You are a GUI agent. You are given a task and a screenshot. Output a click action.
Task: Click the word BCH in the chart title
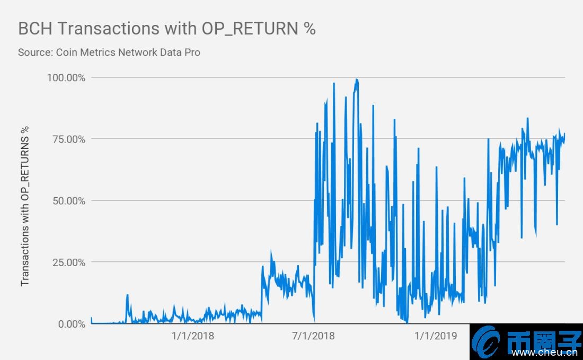[34, 29]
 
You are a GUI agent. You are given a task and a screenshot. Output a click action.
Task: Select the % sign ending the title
[310, 29]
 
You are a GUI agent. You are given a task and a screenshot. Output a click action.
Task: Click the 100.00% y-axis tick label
[66, 77]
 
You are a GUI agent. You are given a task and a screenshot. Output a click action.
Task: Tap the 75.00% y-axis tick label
[68, 139]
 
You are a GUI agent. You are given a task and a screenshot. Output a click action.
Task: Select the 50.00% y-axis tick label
[68, 200]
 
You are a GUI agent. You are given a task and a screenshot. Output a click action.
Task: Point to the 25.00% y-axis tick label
[68, 262]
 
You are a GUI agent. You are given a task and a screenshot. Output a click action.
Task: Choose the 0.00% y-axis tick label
[70, 323]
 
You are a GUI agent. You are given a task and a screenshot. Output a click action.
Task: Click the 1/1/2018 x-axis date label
[192, 336]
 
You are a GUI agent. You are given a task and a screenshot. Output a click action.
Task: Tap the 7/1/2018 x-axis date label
[313, 336]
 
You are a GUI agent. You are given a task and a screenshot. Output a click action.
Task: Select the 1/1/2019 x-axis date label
[435, 336]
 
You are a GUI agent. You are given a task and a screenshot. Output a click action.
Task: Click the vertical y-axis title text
[25, 206]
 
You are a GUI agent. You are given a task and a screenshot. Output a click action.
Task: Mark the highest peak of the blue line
[357, 80]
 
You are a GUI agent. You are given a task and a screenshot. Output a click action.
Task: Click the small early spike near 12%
[127, 295]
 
